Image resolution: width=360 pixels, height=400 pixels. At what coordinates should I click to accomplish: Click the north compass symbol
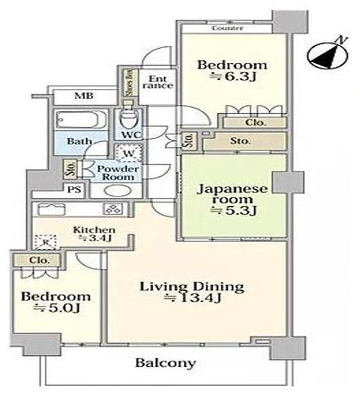coord(327,56)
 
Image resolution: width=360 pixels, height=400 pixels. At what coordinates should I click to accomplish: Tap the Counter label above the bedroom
coord(227,28)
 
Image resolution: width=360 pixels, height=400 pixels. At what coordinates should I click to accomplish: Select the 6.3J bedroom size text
coord(233,77)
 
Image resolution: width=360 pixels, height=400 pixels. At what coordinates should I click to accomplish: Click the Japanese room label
coord(232,194)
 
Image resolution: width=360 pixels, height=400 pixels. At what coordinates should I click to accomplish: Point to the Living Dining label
coord(192,287)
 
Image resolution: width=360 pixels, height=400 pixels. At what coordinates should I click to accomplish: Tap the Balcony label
coord(165,363)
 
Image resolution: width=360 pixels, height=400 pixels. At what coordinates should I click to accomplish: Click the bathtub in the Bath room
coord(81,119)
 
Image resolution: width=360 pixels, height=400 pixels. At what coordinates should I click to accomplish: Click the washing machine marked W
coord(128,153)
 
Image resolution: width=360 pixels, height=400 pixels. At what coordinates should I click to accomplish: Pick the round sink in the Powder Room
coord(117,191)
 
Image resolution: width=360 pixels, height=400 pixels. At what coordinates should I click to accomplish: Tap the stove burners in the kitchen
coord(113,209)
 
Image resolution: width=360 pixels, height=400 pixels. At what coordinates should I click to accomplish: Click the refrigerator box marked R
coord(45,242)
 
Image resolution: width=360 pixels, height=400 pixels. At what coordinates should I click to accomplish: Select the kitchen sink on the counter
coord(52,209)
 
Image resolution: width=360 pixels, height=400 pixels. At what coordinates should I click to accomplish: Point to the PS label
coord(75,189)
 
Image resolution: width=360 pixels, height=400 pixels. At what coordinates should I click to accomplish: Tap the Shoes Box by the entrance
coord(130,83)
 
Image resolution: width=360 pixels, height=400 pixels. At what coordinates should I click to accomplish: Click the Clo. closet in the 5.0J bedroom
coord(37,260)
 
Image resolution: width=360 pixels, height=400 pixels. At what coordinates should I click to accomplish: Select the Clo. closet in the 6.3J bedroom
coord(255,123)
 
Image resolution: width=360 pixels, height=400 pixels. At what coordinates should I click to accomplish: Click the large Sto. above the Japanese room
coord(245,141)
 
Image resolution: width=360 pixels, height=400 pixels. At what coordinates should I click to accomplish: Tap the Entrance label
coord(158,82)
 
